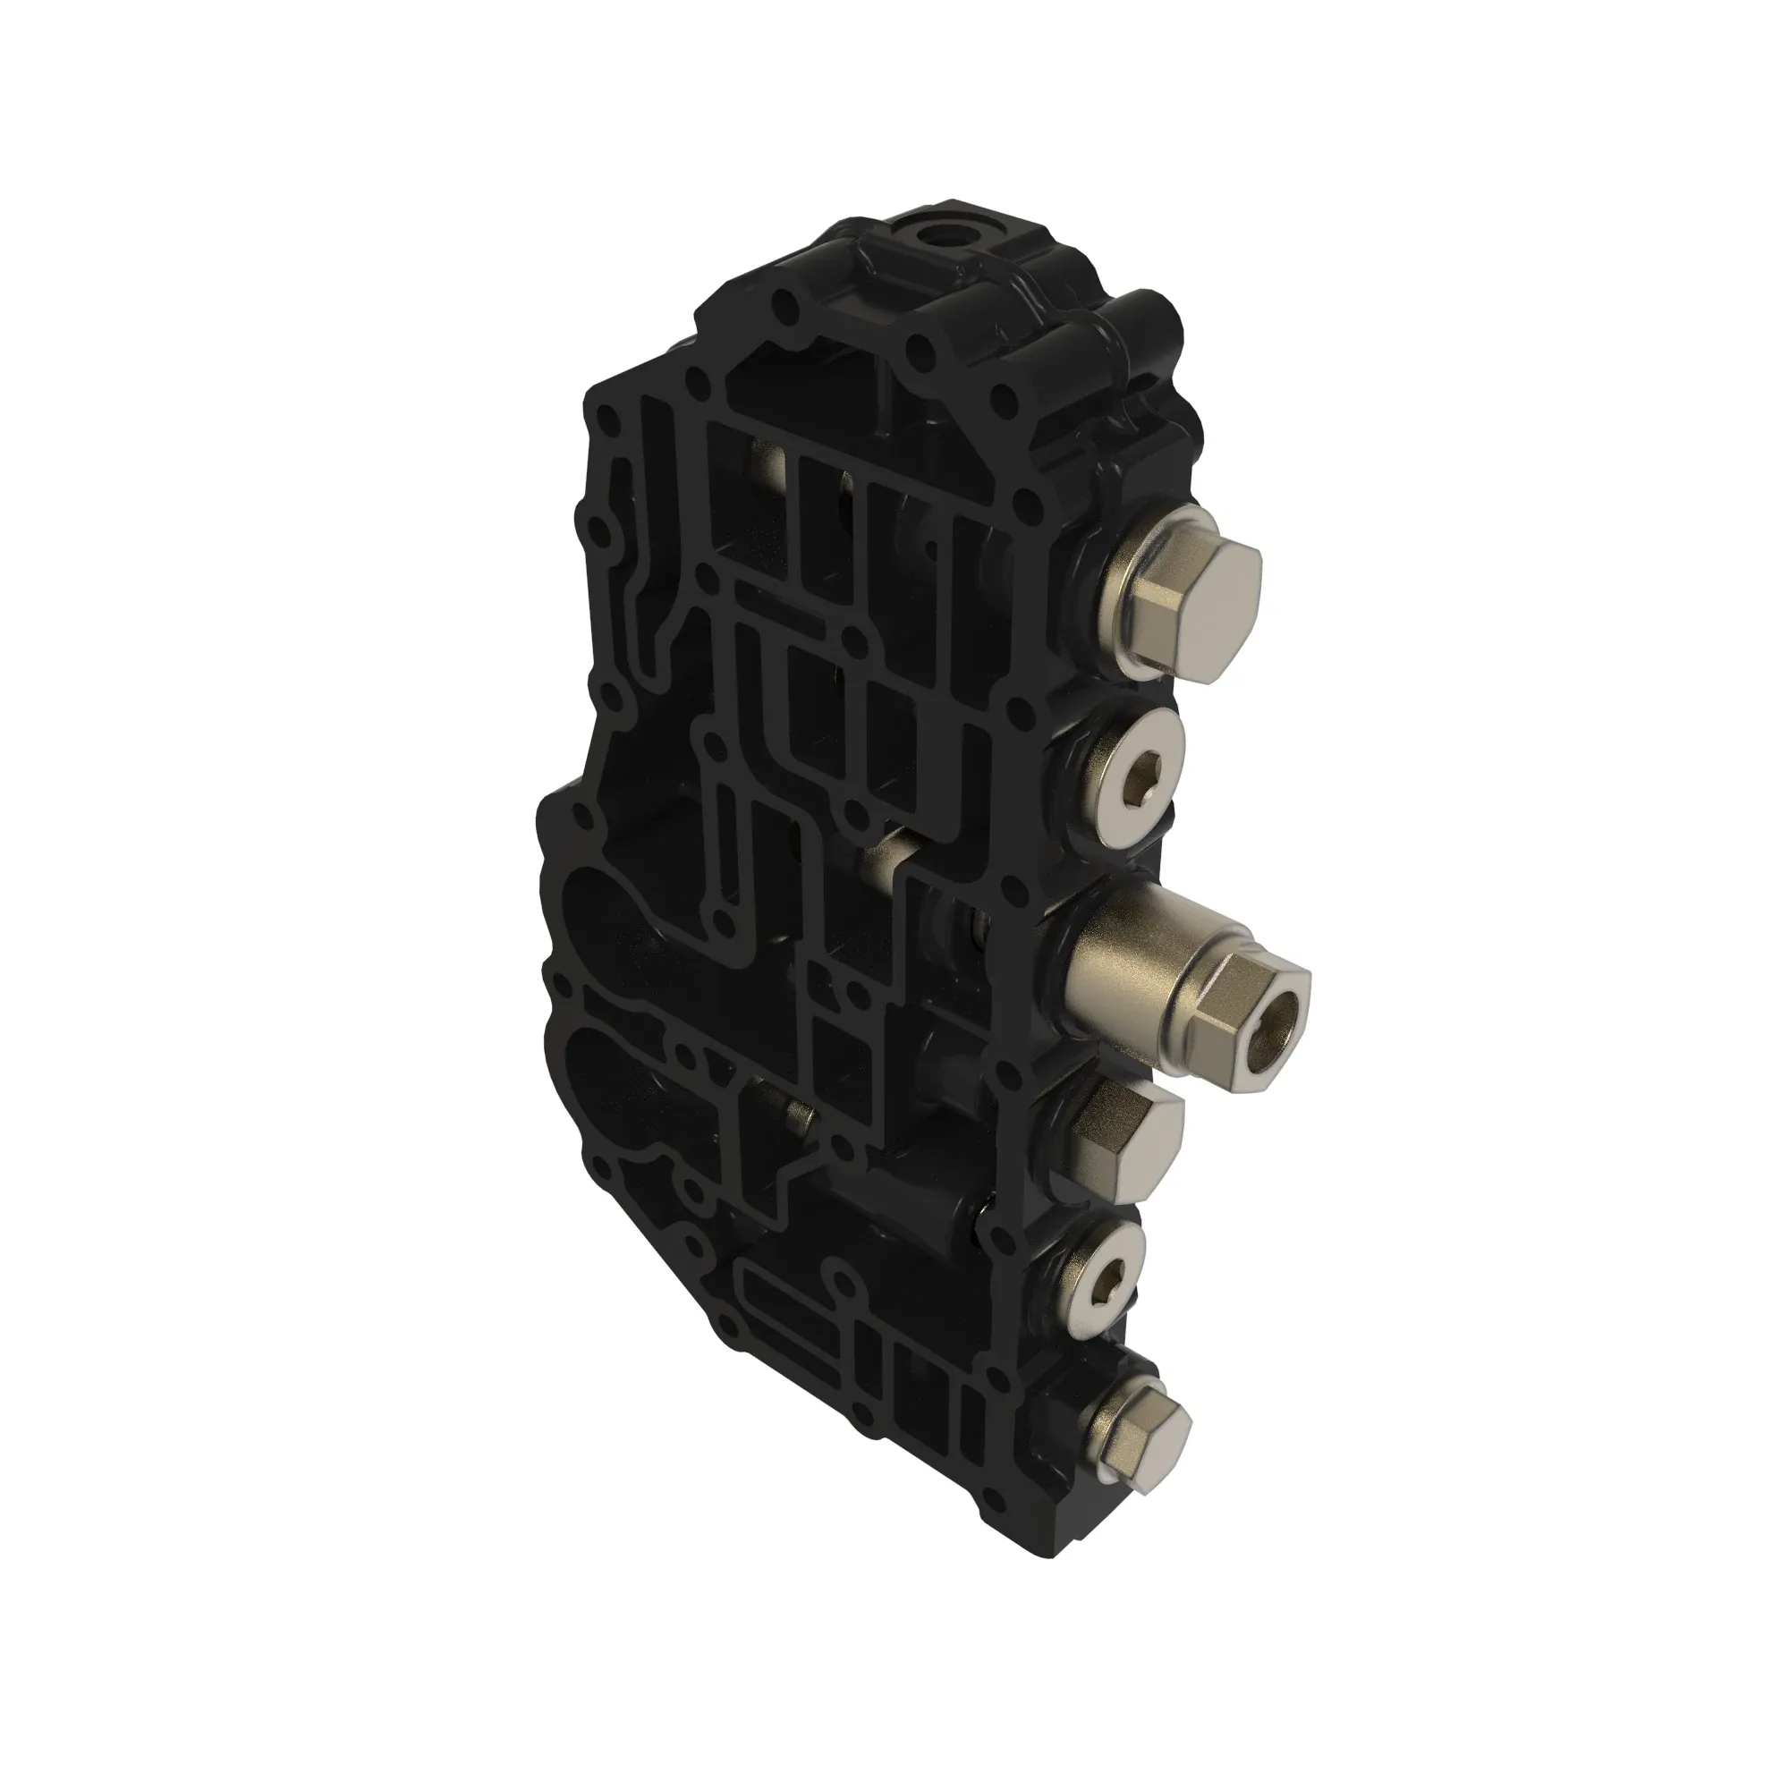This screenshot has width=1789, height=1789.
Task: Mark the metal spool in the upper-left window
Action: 767,462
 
